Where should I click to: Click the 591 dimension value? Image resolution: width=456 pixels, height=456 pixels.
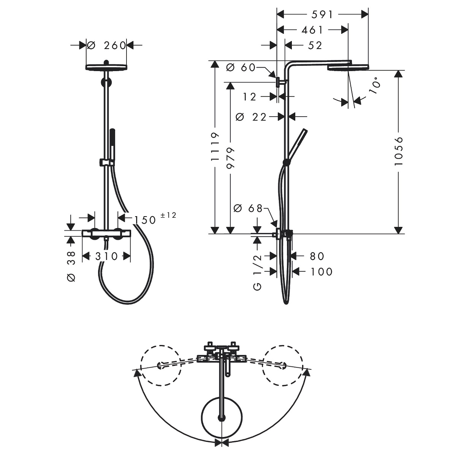click(322, 15)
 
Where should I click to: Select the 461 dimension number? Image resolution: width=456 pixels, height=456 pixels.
click(312, 30)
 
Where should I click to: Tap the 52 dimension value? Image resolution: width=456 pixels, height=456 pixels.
click(315, 46)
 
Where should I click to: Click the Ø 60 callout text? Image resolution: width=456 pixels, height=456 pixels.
click(241, 68)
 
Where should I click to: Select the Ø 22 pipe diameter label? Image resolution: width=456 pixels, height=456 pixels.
click(251, 117)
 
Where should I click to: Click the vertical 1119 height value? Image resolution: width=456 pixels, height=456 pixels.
click(215, 147)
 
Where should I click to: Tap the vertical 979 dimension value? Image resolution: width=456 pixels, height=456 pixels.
click(230, 158)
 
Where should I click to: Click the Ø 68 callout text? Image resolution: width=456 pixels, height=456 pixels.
click(248, 208)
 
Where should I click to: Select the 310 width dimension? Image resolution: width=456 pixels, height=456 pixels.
click(106, 256)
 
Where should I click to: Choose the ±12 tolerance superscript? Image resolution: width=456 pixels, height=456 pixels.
click(168, 215)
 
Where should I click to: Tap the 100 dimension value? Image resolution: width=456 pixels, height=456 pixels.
click(321, 272)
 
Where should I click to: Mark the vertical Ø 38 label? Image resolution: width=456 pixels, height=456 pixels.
click(71, 266)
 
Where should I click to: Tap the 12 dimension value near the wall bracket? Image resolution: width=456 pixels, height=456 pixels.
click(250, 97)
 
